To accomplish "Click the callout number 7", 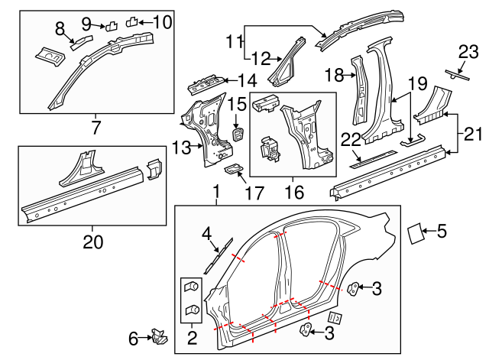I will point(96,125).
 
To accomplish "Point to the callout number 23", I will point(467,52).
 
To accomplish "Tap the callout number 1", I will point(216,191).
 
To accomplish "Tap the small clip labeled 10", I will point(131,21).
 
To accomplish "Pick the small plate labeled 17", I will point(234,169).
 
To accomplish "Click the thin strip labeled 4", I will point(217,253).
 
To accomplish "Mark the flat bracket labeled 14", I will point(210,79).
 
